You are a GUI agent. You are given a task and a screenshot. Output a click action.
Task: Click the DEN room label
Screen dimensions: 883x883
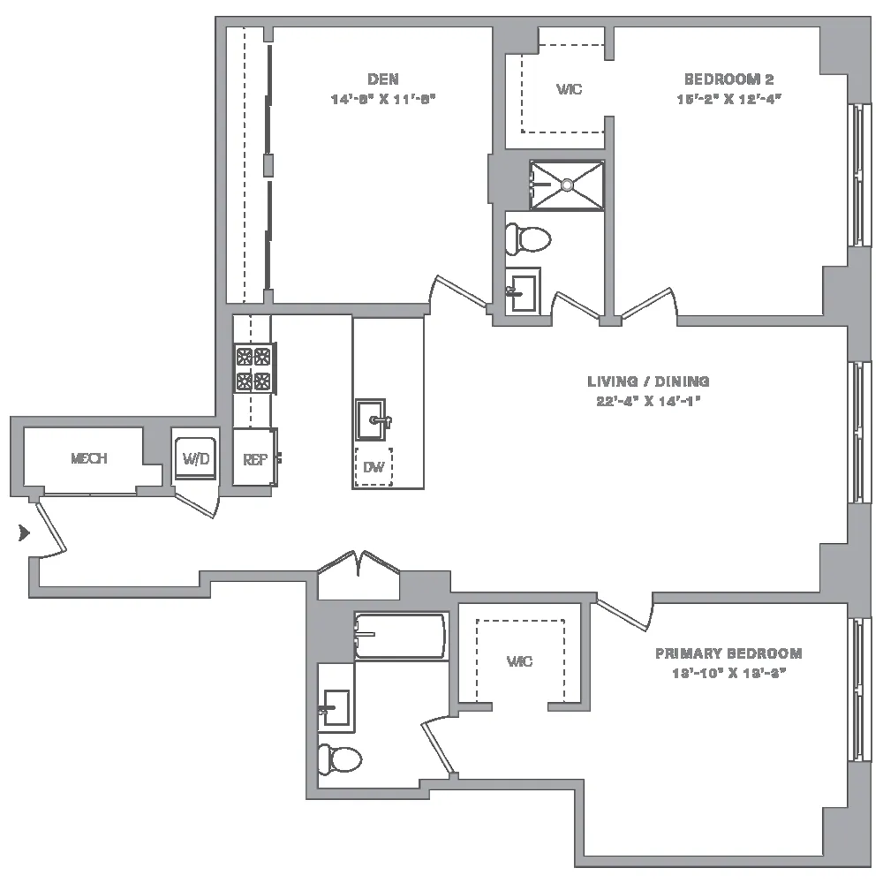[x=383, y=78]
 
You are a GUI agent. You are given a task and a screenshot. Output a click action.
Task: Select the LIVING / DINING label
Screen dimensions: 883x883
[x=648, y=381]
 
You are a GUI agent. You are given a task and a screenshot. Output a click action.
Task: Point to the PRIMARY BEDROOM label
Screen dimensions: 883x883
[x=728, y=653]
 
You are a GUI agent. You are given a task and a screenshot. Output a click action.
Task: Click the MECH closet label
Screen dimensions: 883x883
[x=88, y=458]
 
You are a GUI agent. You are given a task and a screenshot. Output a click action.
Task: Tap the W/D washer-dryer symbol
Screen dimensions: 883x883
[x=193, y=457]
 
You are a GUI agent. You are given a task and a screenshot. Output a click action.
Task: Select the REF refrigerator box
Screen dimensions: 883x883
[x=254, y=458]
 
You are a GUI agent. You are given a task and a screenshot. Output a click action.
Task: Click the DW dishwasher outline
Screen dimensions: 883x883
[x=374, y=467]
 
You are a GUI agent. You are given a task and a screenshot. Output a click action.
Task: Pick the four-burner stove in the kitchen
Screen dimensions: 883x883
[x=253, y=369]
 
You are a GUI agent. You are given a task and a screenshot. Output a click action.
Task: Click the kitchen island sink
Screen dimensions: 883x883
[x=371, y=419]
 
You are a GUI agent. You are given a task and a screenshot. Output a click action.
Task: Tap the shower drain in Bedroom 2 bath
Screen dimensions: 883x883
[x=567, y=185]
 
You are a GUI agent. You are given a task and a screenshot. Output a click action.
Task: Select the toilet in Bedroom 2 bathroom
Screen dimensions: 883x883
[x=527, y=237]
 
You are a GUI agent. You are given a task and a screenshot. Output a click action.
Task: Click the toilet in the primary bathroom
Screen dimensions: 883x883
[x=341, y=758]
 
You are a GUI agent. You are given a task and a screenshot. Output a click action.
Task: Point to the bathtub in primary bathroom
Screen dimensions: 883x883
[x=400, y=635]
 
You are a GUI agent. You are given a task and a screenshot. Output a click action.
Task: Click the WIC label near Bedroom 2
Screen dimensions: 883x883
[x=569, y=90]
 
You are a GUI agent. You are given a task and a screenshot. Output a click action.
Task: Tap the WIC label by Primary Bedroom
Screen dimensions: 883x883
[x=519, y=661]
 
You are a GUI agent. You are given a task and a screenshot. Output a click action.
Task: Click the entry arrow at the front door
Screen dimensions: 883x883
[x=24, y=532]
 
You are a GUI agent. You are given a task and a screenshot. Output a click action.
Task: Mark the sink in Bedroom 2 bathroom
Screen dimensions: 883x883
[x=521, y=290]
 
